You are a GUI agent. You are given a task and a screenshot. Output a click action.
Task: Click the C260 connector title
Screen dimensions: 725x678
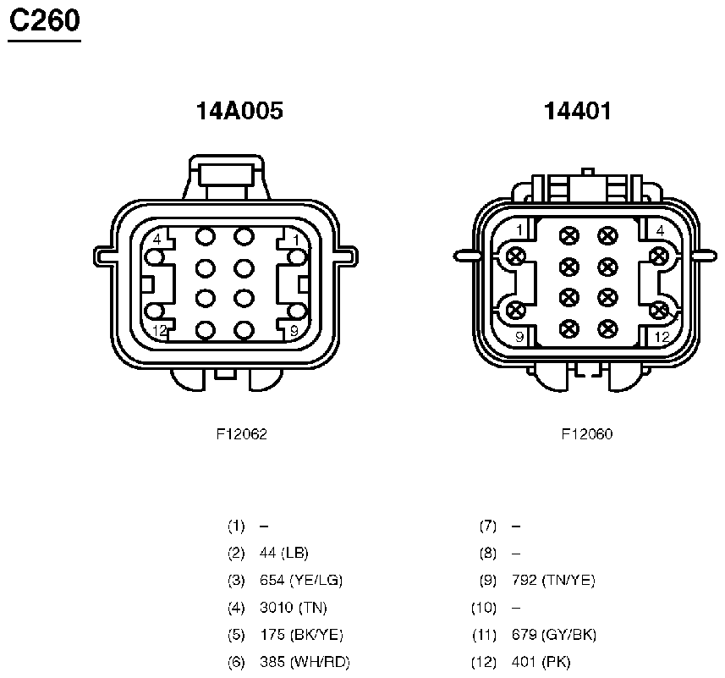coord(44,21)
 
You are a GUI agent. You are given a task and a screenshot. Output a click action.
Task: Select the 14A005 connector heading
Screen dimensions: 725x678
coord(239,111)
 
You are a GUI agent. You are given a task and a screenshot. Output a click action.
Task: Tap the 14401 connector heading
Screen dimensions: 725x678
coord(578,111)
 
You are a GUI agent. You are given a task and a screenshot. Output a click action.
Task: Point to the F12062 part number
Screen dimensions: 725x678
coord(241,434)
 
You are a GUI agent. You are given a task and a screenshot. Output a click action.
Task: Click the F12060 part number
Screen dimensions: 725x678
coord(587,434)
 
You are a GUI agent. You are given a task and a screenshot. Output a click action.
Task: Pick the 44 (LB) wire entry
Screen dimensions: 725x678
coord(284,553)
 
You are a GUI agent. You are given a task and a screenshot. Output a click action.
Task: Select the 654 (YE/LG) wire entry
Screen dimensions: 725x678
coord(301,580)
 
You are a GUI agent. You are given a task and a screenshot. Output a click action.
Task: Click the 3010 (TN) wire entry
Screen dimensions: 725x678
coord(294,607)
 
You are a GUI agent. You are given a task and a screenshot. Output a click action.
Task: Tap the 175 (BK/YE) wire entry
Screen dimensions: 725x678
coord(301,635)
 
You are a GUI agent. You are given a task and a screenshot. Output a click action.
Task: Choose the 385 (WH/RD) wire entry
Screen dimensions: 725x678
coord(305,662)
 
